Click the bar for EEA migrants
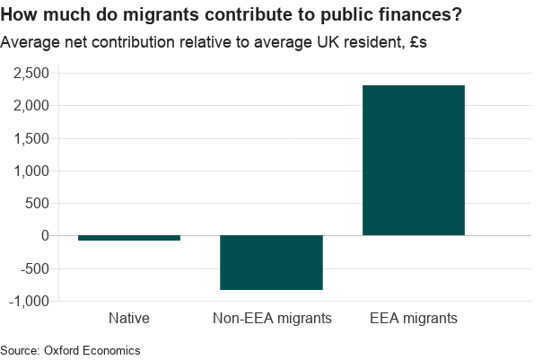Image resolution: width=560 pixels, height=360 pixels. point(413,160)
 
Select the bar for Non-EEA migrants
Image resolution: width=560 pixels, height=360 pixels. point(271,262)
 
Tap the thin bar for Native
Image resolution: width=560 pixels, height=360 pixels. point(129,238)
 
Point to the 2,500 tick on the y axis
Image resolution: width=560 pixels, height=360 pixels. point(31,74)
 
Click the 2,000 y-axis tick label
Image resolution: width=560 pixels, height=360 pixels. point(31,106)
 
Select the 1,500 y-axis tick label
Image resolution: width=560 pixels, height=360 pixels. point(31,138)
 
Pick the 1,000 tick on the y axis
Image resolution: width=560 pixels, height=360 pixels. point(31,171)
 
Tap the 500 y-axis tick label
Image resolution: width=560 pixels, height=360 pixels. point(38,203)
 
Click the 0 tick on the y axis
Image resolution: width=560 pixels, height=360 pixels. point(45,235)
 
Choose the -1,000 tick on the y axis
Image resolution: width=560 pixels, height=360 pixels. point(29,301)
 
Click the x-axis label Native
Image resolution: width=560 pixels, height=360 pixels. point(129,318)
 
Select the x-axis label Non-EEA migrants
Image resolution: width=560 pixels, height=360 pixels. point(271,318)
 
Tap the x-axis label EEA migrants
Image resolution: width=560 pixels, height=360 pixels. point(414,318)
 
